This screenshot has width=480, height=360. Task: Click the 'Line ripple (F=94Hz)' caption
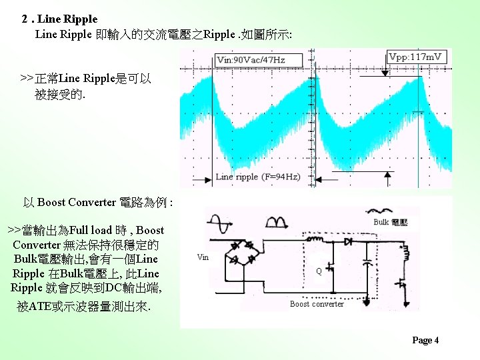coord(258,177)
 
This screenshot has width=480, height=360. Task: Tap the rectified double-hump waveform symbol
coord(276,222)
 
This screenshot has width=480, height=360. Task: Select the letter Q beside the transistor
coord(319,271)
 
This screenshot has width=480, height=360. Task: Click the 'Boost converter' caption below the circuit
coord(317,304)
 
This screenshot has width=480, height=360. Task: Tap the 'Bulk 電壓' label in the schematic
coord(391,222)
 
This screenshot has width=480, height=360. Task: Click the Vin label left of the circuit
coord(203,257)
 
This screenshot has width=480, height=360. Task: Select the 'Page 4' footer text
coord(425,341)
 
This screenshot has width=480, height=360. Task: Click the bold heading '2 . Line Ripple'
coord(59,19)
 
